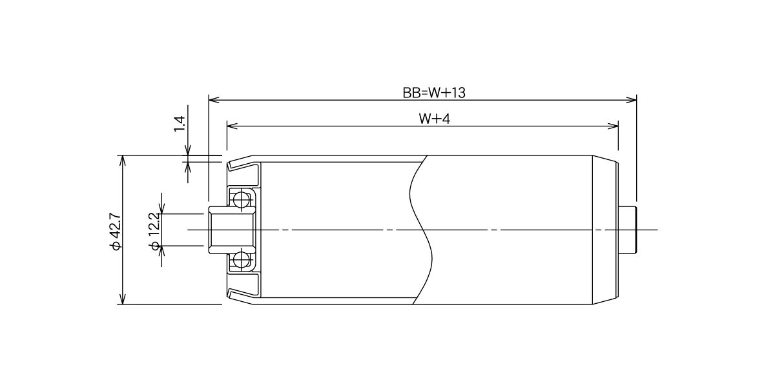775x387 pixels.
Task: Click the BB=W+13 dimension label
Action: click(x=434, y=93)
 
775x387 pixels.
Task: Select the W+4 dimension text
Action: click(x=434, y=119)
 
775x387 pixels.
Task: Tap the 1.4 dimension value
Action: click(x=180, y=124)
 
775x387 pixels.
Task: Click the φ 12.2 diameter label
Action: click(x=154, y=231)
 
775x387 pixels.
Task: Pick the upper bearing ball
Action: click(x=241, y=199)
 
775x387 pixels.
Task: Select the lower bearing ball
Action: click(x=241, y=260)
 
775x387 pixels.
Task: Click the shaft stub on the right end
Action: click(x=628, y=230)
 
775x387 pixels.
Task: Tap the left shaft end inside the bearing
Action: click(x=232, y=230)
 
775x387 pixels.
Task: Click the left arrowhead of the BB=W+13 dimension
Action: click(x=214, y=100)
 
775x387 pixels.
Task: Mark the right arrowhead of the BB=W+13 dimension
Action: click(x=632, y=100)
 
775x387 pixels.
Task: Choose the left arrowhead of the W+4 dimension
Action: click(x=232, y=126)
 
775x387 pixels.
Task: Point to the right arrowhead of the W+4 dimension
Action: click(x=613, y=126)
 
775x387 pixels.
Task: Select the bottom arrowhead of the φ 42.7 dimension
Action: click(x=122, y=299)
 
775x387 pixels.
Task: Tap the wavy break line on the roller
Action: click(x=420, y=230)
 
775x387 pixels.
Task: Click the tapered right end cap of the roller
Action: click(x=606, y=230)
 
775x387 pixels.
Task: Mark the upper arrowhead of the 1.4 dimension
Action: click(x=188, y=150)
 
